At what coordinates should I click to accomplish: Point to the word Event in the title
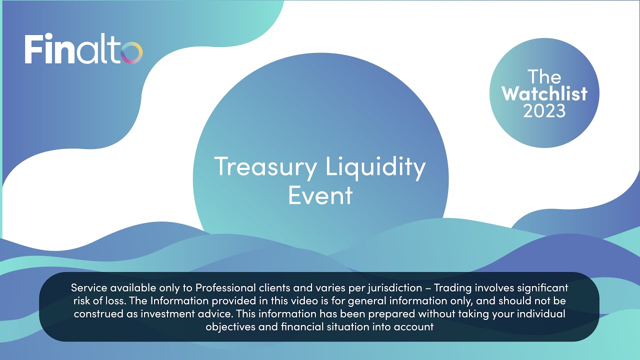(x=320, y=195)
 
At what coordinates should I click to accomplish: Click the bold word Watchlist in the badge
(x=544, y=93)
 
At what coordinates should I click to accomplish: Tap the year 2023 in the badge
(x=544, y=110)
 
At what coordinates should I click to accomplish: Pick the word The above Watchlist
(x=544, y=76)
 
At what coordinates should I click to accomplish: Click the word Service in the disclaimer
(x=88, y=288)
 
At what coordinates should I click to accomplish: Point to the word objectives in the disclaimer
(x=230, y=327)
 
